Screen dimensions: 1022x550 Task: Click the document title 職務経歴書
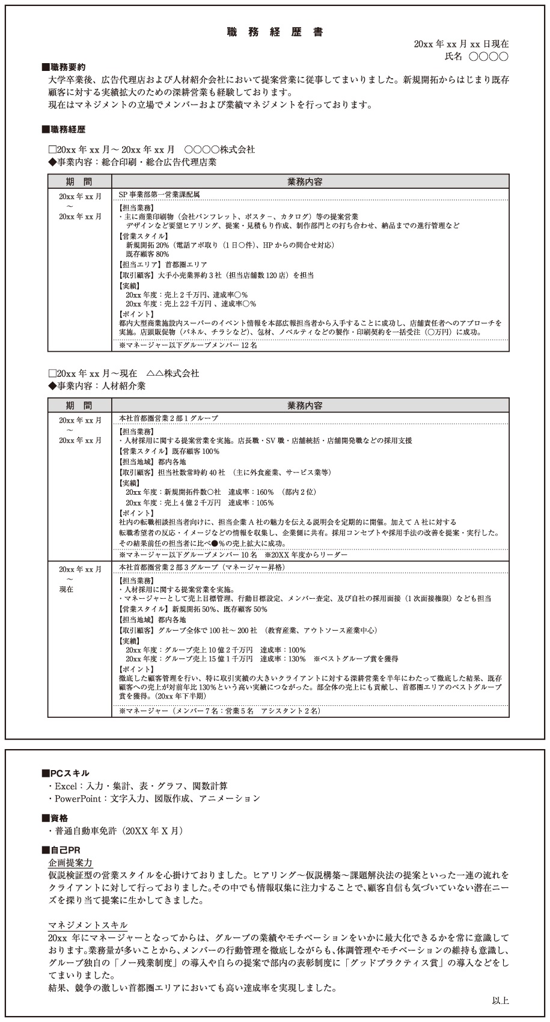pyautogui.click(x=275, y=32)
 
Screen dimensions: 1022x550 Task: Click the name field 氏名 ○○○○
pyautogui.click(x=476, y=57)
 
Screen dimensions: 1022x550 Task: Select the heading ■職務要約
pyautogui.click(x=63, y=67)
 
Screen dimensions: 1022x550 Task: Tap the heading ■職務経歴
pyautogui.click(x=63, y=129)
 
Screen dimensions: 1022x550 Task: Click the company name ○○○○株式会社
pyautogui.click(x=219, y=150)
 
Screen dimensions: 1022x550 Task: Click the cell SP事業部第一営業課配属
pyautogui.click(x=159, y=195)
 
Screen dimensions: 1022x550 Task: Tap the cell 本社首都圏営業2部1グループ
pyautogui.click(x=168, y=418)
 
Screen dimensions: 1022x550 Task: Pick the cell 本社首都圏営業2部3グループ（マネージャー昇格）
pyautogui.click(x=202, y=568)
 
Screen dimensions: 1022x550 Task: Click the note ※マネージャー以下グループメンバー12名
pyautogui.click(x=188, y=345)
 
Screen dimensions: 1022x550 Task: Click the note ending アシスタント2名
pyautogui.click(x=219, y=711)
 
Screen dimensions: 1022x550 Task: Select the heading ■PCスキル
pyautogui.click(x=66, y=773)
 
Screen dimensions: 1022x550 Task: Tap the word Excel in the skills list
pyautogui.click(x=66, y=786)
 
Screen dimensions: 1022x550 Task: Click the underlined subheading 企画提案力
pyautogui.click(x=70, y=863)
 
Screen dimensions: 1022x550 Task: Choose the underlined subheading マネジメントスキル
pyautogui.click(x=88, y=925)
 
